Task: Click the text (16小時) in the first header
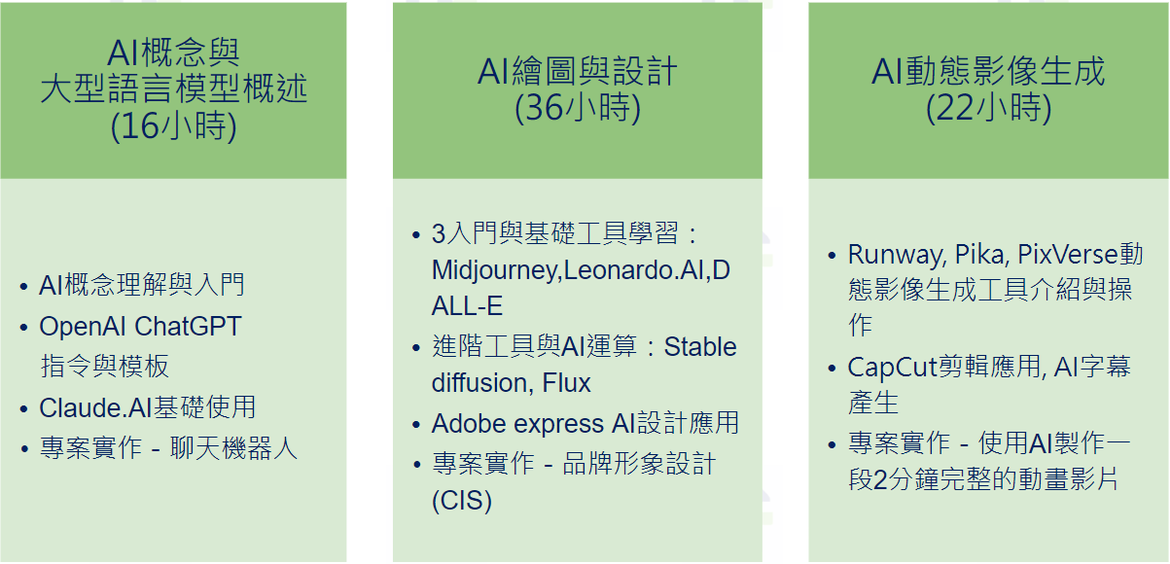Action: click(173, 126)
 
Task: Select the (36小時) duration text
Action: click(578, 108)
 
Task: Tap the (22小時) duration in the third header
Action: click(989, 108)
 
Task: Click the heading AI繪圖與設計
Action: click(578, 71)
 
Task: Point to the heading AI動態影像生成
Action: click(989, 71)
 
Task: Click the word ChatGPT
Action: click(188, 327)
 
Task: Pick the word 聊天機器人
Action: click(233, 448)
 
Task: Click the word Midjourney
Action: click(495, 271)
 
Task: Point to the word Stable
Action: click(700, 347)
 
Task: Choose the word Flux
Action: click(566, 383)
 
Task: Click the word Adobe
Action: click(468, 424)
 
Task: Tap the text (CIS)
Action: click(462, 500)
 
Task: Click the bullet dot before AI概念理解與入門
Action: click(23, 286)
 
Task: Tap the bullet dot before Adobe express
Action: click(416, 425)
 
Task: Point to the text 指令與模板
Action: click(104, 366)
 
